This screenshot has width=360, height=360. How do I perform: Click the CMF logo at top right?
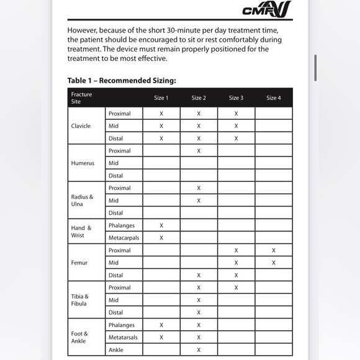coord(267,9)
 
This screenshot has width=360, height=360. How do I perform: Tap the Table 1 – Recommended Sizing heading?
coord(122,81)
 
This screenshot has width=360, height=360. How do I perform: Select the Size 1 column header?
coord(161,98)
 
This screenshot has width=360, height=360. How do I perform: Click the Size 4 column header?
coord(273,98)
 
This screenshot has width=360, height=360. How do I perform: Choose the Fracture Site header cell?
coord(81,98)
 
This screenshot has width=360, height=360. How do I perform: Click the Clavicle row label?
coord(81,126)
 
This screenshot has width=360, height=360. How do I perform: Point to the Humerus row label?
coord(82,163)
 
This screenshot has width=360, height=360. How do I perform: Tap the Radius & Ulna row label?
coord(82,200)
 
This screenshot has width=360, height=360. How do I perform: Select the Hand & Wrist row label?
coord(81,232)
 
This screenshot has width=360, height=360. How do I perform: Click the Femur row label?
coord(79,263)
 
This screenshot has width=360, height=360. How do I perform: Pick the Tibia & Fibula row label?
coord(79,300)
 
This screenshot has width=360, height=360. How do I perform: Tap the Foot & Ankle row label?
coord(79,337)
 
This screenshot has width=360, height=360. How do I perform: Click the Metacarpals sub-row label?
coord(124,238)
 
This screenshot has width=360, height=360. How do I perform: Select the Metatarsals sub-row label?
coord(123,337)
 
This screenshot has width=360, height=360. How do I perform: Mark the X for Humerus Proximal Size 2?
coord(199,151)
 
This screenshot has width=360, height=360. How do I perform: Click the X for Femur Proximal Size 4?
coord(273,250)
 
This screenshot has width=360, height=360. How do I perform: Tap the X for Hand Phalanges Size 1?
coord(161,225)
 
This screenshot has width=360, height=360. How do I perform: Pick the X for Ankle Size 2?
coord(199,349)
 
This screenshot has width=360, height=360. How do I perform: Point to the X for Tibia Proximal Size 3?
coord(236,287)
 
